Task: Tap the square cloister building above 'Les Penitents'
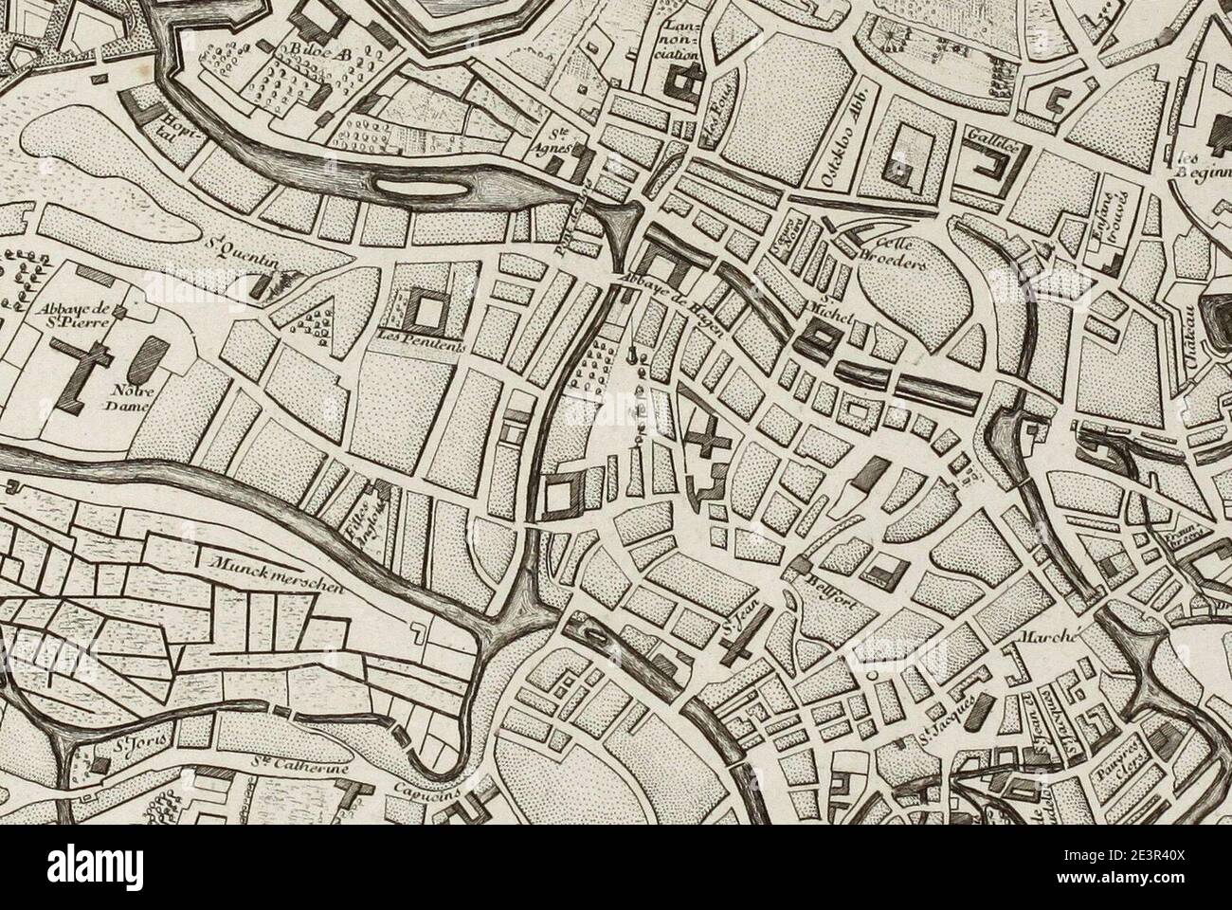coord(428,308)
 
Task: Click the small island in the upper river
coord(418,188)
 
